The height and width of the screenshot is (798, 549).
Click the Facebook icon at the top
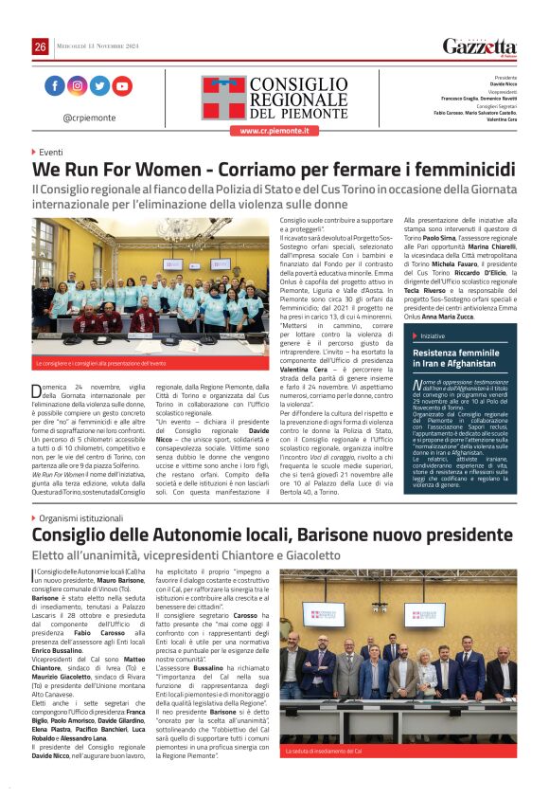pyautogui.click(x=54, y=86)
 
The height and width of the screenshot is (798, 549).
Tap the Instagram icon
pyautogui.click(x=77, y=86)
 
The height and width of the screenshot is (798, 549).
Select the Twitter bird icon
pyautogui.click(x=99, y=86)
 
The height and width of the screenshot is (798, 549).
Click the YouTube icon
pyautogui.click(x=122, y=86)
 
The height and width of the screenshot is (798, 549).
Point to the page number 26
pyautogui.click(x=40, y=46)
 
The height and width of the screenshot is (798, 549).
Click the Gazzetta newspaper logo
pyautogui.click(x=480, y=46)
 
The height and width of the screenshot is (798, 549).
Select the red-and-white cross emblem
pyautogui.click(x=223, y=98)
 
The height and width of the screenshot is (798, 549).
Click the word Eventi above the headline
pyautogui.click(x=51, y=152)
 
